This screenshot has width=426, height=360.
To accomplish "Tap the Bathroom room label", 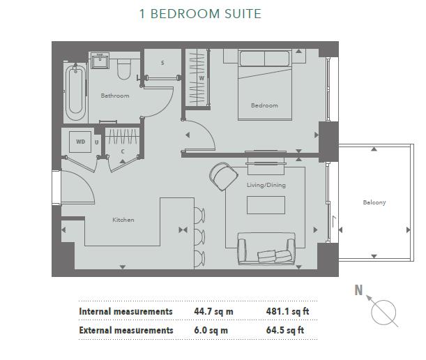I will (x=114, y=96).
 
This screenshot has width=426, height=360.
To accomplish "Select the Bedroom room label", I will (x=264, y=105).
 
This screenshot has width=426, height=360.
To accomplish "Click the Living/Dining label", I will (x=266, y=185).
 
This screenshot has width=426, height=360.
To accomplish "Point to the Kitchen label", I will (x=123, y=220).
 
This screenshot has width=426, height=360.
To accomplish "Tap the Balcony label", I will (x=374, y=202).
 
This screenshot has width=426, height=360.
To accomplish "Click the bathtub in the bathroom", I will (x=75, y=93).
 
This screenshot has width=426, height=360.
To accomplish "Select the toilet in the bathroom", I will (x=125, y=68).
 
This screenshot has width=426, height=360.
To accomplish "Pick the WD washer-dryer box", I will (x=81, y=142).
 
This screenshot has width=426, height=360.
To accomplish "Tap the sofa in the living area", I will (x=266, y=248).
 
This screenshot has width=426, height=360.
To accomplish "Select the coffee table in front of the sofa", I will (x=266, y=205).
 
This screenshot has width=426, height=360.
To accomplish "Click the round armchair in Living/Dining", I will (x=223, y=176).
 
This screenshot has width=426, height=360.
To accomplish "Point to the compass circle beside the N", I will (x=384, y=312).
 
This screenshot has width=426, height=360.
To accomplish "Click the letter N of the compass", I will (x=358, y=290).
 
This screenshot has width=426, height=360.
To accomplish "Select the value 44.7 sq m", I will (x=212, y=311).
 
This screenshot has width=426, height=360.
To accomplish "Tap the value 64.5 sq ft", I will (x=285, y=330).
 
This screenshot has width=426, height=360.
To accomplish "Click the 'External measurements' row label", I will (x=125, y=330).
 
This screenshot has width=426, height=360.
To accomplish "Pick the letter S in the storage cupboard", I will (x=162, y=63).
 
